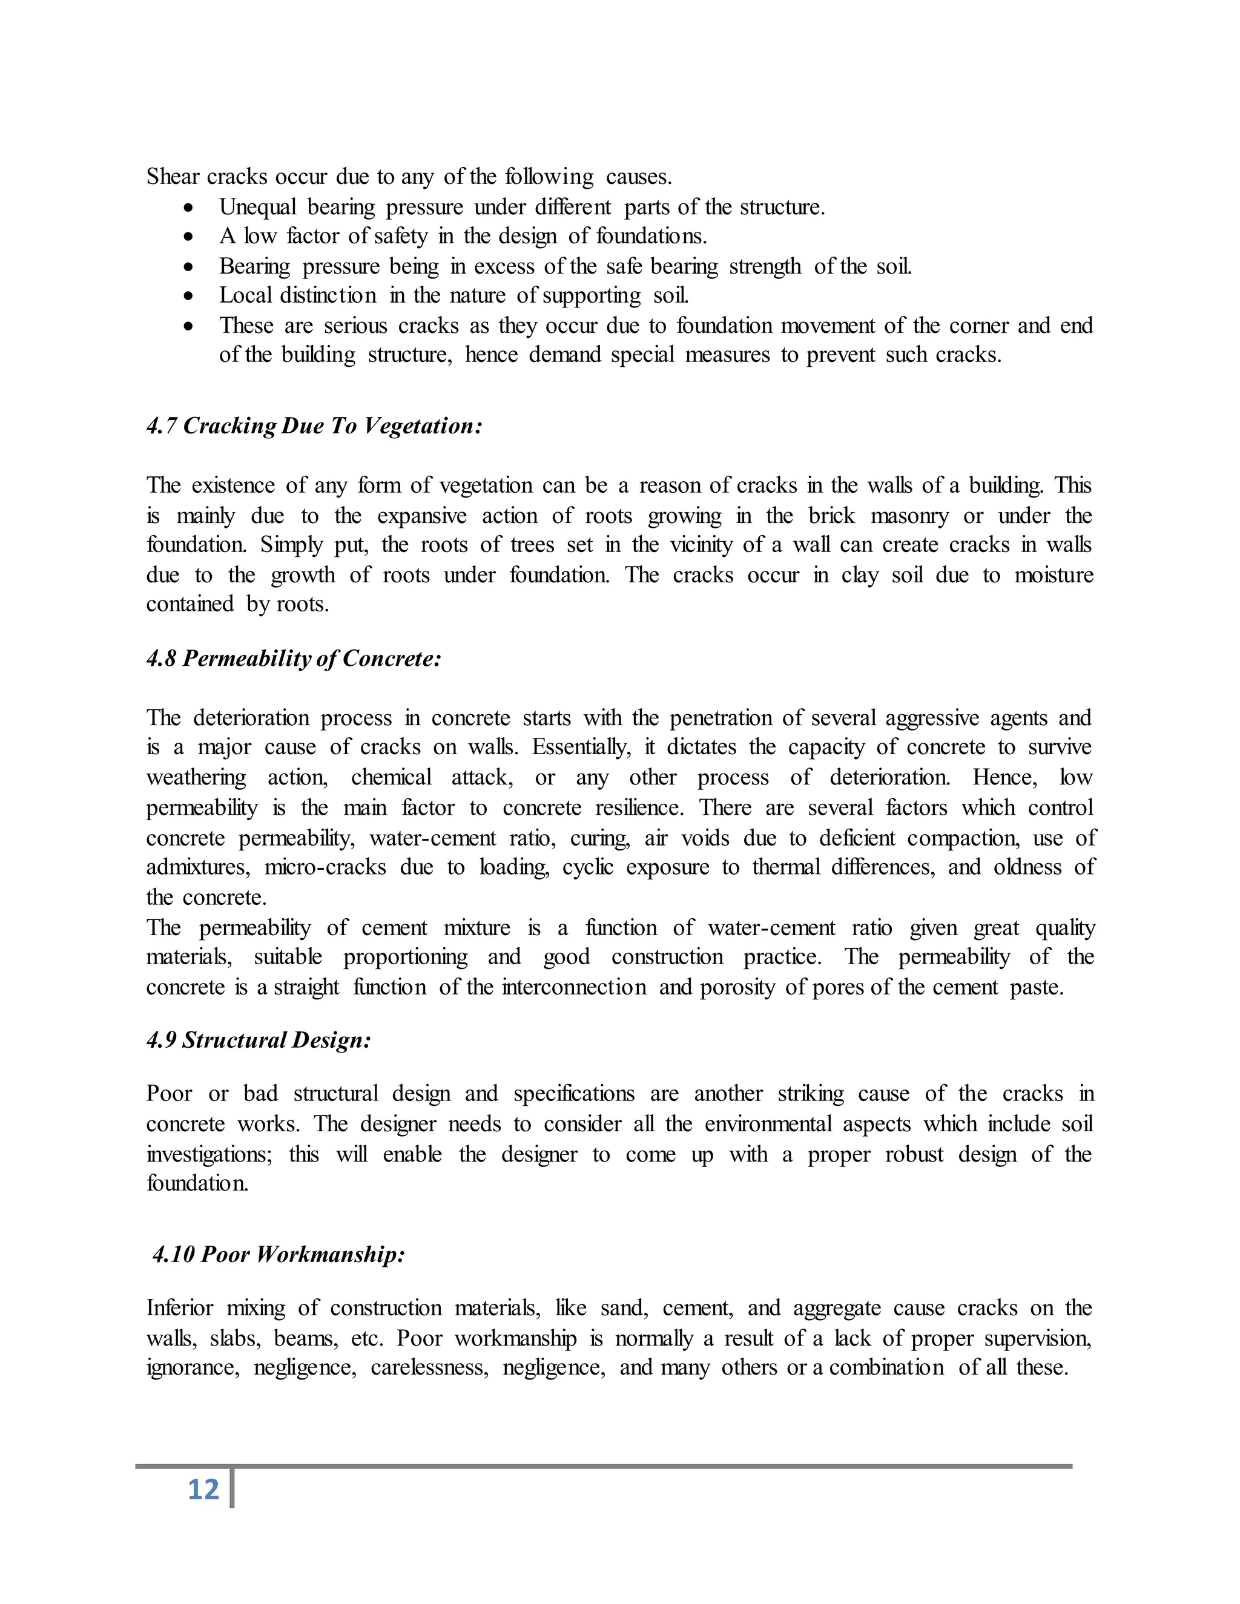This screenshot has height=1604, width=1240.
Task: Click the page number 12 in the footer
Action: point(203,1490)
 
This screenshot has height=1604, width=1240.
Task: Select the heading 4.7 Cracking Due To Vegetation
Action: point(314,426)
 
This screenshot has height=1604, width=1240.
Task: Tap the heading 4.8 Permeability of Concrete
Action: point(294,658)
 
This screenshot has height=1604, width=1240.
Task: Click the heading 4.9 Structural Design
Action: point(259,1040)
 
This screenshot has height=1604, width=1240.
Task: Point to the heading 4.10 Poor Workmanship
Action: point(279,1254)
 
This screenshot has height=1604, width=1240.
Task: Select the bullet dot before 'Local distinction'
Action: point(190,297)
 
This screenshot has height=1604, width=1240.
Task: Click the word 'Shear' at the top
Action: point(173,177)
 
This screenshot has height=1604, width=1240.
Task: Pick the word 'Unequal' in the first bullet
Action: point(257,207)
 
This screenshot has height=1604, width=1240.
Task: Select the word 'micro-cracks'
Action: point(325,867)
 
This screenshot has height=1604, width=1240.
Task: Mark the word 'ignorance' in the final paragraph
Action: point(193,1367)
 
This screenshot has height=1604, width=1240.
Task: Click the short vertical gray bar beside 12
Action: point(232,1489)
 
